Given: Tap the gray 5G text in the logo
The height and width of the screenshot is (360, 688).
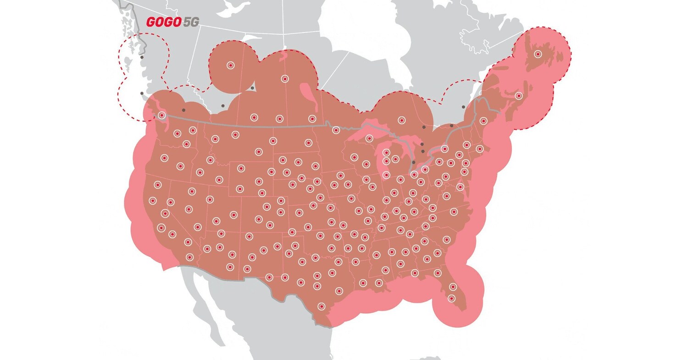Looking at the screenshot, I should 191,22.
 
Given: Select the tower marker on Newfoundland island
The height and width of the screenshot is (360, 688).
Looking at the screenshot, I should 538,54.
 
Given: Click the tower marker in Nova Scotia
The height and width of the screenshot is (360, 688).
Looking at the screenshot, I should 519,96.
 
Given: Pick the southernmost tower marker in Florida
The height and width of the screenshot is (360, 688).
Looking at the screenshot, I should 451,299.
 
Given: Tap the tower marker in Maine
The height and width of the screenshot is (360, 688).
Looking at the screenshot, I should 483,121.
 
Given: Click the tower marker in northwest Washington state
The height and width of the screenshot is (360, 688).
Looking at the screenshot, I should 161,115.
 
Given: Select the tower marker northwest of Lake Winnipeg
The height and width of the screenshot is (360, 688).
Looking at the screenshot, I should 285,79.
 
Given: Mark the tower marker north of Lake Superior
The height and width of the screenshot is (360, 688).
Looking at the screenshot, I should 402,120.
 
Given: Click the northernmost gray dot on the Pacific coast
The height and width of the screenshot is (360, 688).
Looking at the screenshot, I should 142,57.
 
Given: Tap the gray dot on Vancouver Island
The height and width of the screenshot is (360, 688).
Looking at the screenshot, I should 142,94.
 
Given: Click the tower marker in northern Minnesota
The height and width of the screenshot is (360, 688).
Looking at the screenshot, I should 336,130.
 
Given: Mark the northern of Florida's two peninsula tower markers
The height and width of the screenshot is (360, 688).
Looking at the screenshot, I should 453,287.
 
